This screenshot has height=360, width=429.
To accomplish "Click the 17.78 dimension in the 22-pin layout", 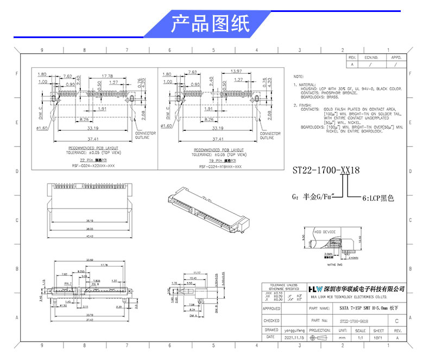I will [x=106, y=75].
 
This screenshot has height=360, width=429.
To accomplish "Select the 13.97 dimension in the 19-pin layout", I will [x=236, y=72].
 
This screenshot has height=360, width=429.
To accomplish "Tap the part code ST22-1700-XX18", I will [x=326, y=170].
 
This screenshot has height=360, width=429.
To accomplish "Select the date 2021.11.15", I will [x=296, y=338].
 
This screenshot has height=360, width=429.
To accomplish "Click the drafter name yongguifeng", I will [x=295, y=330].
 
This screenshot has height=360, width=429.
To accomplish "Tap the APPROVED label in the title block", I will [x=271, y=308].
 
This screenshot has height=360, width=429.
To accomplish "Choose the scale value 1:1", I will [x=359, y=338].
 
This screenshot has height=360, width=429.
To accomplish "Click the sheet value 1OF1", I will [x=378, y=338].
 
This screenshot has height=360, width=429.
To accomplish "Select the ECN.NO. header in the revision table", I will [x=371, y=57].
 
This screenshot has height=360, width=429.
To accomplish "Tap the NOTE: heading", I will [x=299, y=77].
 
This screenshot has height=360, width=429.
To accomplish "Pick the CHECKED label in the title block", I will [x=271, y=320].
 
